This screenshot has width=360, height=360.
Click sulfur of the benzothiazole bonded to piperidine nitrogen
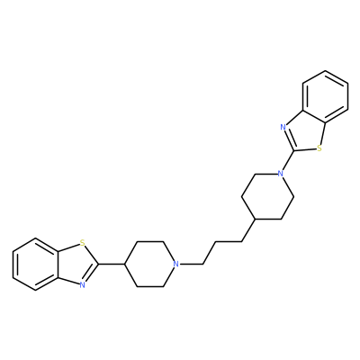click(x=319, y=148)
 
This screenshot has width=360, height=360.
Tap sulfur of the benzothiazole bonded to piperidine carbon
click(x=82, y=242)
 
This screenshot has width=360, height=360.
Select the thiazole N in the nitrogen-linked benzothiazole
click(x=283, y=127)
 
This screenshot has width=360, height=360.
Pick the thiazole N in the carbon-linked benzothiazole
click(x=82, y=285)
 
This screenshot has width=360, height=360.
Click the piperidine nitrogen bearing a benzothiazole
click(x=281, y=174)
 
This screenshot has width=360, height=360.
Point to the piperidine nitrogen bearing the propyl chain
click(x=176, y=264)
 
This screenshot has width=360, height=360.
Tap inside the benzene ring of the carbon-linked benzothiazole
click(x=36, y=264)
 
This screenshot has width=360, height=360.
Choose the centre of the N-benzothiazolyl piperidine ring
click(x=267, y=196)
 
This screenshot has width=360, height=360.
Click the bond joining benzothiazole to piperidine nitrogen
click(x=287, y=162)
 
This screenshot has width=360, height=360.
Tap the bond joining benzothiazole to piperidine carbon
click(x=112, y=264)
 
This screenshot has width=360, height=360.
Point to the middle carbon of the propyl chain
click(x=216, y=241)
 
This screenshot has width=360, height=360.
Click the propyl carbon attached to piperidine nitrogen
click(x=202, y=264)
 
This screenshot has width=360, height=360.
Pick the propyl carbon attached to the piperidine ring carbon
click(x=242, y=241)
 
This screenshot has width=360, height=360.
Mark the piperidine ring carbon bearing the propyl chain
click(x=255, y=220)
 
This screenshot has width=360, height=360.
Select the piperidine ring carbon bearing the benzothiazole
click(x=124, y=264)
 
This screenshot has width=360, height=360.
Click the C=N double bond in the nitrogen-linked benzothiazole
click(x=289, y=139)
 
